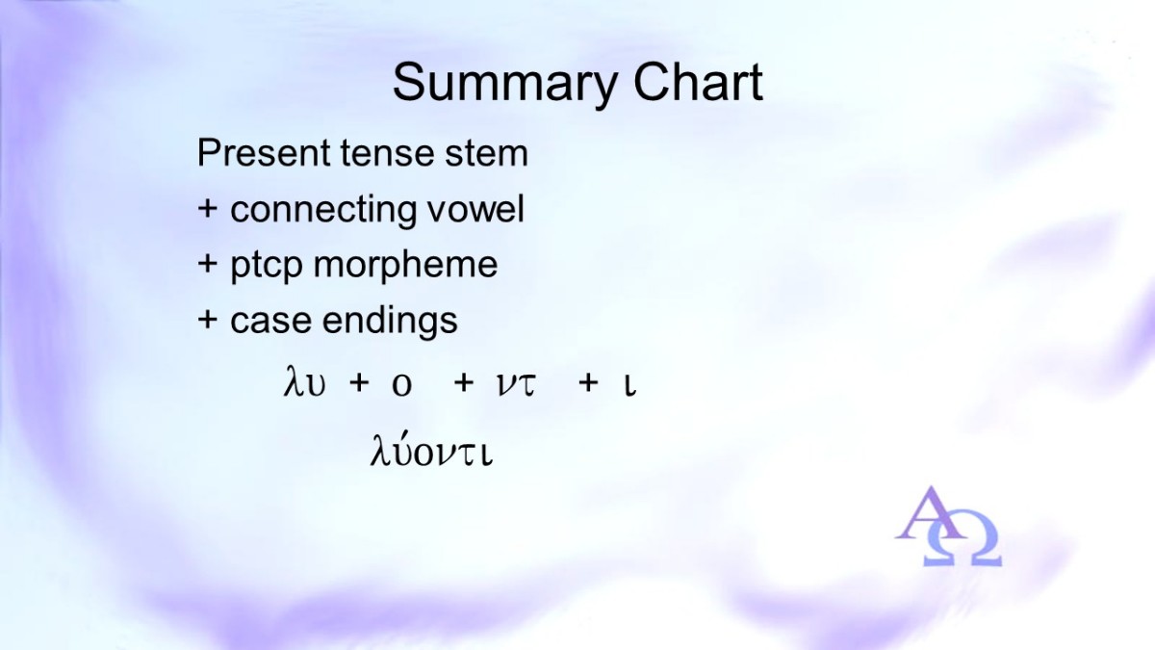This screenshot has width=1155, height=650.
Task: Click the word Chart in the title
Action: coord(698,83)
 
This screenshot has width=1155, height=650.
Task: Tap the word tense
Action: coord(388,153)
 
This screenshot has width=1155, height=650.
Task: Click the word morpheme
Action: coord(405,266)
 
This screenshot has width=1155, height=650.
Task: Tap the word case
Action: coord(270,321)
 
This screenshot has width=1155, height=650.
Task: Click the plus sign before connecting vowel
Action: coord(207,210)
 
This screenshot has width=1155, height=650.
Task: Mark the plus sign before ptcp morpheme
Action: coord(207,264)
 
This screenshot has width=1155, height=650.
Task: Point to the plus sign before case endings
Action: coord(207,320)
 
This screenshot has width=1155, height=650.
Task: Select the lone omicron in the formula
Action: coord(401,385)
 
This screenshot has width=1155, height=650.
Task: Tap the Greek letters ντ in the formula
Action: coord(517,385)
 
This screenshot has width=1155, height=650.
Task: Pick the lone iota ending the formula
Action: coord(630,386)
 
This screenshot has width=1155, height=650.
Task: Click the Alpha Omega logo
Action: coord(948,527)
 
